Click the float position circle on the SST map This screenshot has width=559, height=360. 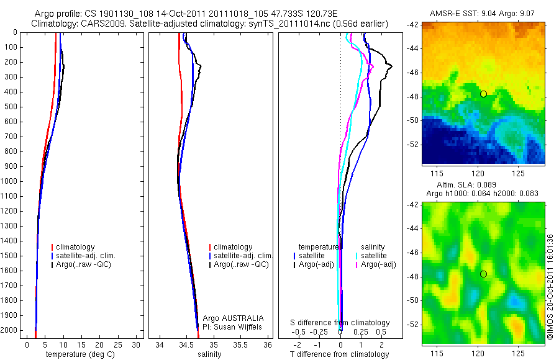coord(483,94)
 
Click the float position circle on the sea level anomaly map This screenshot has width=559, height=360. coord(483,274)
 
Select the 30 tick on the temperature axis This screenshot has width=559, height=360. coord(136,344)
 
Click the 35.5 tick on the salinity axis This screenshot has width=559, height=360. coord(241,344)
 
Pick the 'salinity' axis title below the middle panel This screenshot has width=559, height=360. coord(209,354)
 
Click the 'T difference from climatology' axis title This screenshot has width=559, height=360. coord(339,354)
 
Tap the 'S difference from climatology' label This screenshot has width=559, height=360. coord(340,323)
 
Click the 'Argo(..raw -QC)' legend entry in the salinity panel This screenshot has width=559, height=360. coord(241,264)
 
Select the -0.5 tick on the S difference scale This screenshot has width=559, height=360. coord(299,331)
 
